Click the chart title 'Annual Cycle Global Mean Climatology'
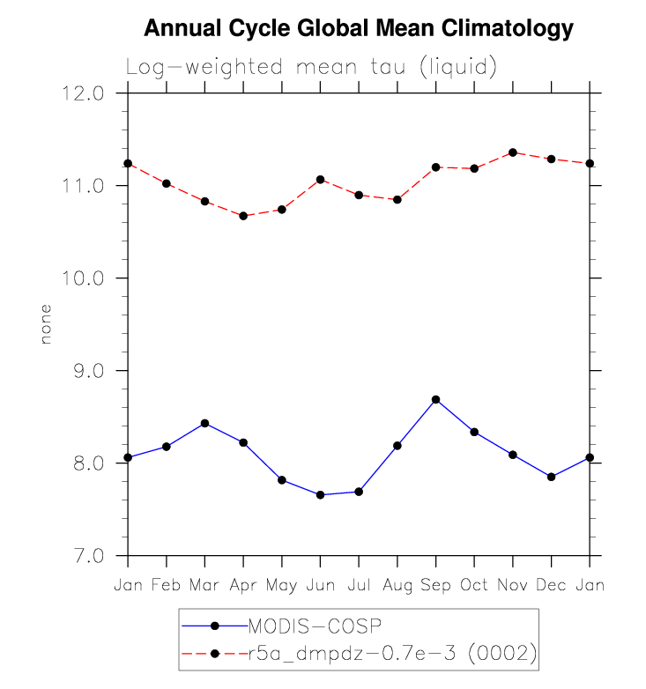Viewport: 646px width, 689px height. point(358,29)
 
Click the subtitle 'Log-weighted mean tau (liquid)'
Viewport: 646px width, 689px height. point(312,67)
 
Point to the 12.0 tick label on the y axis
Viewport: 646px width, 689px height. point(85,93)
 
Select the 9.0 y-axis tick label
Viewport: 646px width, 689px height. point(88,371)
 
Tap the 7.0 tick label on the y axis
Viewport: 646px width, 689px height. point(88,556)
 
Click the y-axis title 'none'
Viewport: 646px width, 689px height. point(47,324)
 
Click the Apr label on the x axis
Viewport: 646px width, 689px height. point(243,585)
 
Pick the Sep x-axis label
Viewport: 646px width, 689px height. point(435,585)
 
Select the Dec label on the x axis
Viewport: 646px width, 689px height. point(551,585)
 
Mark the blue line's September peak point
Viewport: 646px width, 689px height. point(435,400)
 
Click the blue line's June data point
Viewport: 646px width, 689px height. point(320,495)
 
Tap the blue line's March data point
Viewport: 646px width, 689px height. point(204,423)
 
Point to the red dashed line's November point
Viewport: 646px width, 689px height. point(512,152)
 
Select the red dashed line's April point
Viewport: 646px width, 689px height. point(243,216)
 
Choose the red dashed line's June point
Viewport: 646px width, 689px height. point(320,180)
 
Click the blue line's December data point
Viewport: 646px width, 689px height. point(551,477)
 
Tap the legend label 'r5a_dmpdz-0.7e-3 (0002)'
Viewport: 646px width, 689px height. point(392,653)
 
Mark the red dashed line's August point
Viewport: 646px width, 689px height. point(397,200)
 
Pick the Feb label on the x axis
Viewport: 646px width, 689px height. point(166,585)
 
